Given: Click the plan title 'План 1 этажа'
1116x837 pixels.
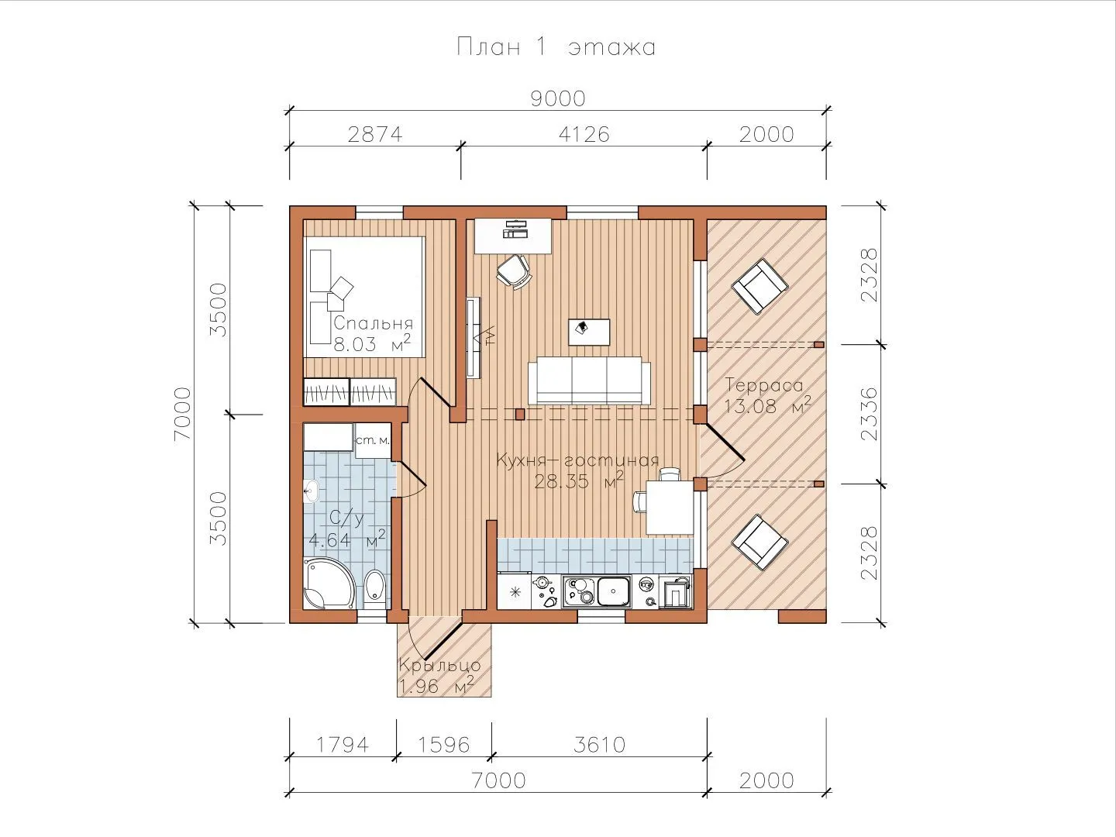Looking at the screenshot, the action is click(556, 46).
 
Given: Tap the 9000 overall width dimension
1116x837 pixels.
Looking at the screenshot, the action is click(558, 98).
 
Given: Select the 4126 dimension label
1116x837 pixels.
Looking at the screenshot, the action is click(584, 134).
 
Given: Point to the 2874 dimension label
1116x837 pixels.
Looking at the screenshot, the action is click(374, 134).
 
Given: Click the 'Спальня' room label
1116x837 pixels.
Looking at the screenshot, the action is click(374, 323).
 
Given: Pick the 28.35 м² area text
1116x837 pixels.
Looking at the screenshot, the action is click(579, 480).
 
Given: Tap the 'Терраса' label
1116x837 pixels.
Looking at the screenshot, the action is click(763, 385).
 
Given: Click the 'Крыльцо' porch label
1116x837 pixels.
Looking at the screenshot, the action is click(439, 665).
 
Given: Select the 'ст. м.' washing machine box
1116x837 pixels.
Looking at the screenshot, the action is click(373, 441).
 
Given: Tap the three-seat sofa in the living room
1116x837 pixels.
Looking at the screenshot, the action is click(589, 380).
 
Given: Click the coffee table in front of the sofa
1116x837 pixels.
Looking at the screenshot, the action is click(589, 332).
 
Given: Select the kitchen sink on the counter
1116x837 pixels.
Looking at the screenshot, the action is click(614, 591).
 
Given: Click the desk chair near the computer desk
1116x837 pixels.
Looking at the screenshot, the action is click(514, 271).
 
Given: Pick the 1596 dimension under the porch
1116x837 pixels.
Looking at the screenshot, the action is click(443, 745).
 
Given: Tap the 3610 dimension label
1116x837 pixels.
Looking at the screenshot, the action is click(599, 745).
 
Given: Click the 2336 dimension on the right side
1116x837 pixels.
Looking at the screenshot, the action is click(870, 414).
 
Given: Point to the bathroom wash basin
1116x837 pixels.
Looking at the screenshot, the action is click(311, 491).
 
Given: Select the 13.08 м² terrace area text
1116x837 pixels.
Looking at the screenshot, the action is click(766, 406).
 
